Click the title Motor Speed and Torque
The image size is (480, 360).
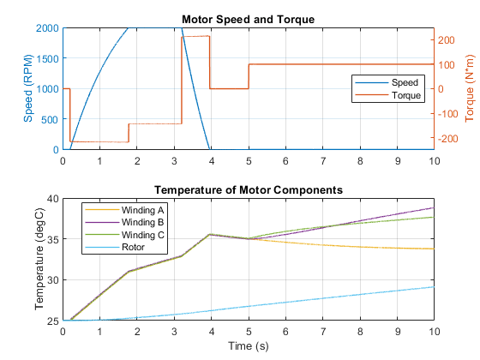[x=249, y=19]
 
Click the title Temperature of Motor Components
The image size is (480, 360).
[x=249, y=189]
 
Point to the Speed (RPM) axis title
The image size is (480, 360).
[x=27, y=88]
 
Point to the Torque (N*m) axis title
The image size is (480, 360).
[x=470, y=88]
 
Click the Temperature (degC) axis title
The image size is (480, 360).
[x=39, y=259]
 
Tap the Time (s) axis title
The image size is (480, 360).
[x=249, y=346]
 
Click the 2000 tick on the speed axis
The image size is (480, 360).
[x=47, y=28]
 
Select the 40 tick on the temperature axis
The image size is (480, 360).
[x=52, y=199]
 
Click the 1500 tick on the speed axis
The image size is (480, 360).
[x=47, y=58]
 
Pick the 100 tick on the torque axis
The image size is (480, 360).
[x=446, y=64]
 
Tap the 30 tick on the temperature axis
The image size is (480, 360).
[x=52, y=279]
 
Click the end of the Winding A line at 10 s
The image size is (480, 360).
[x=434, y=249]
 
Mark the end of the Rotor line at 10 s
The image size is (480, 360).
[x=434, y=287]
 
